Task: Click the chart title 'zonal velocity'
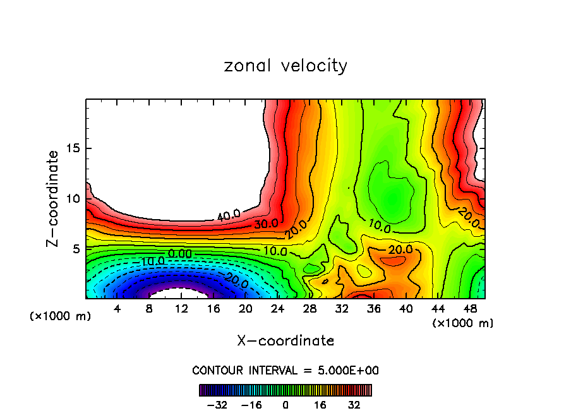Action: click(x=285, y=66)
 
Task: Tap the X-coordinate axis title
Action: click(x=285, y=341)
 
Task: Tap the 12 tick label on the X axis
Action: click(x=181, y=309)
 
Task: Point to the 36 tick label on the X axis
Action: click(x=374, y=309)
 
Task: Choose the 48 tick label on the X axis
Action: click(x=470, y=309)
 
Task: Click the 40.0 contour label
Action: click(x=228, y=215)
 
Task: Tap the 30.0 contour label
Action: click(x=267, y=223)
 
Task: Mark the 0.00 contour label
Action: click(x=180, y=253)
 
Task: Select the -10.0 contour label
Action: click(x=152, y=261)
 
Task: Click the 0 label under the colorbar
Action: click(x=285, y=405)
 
